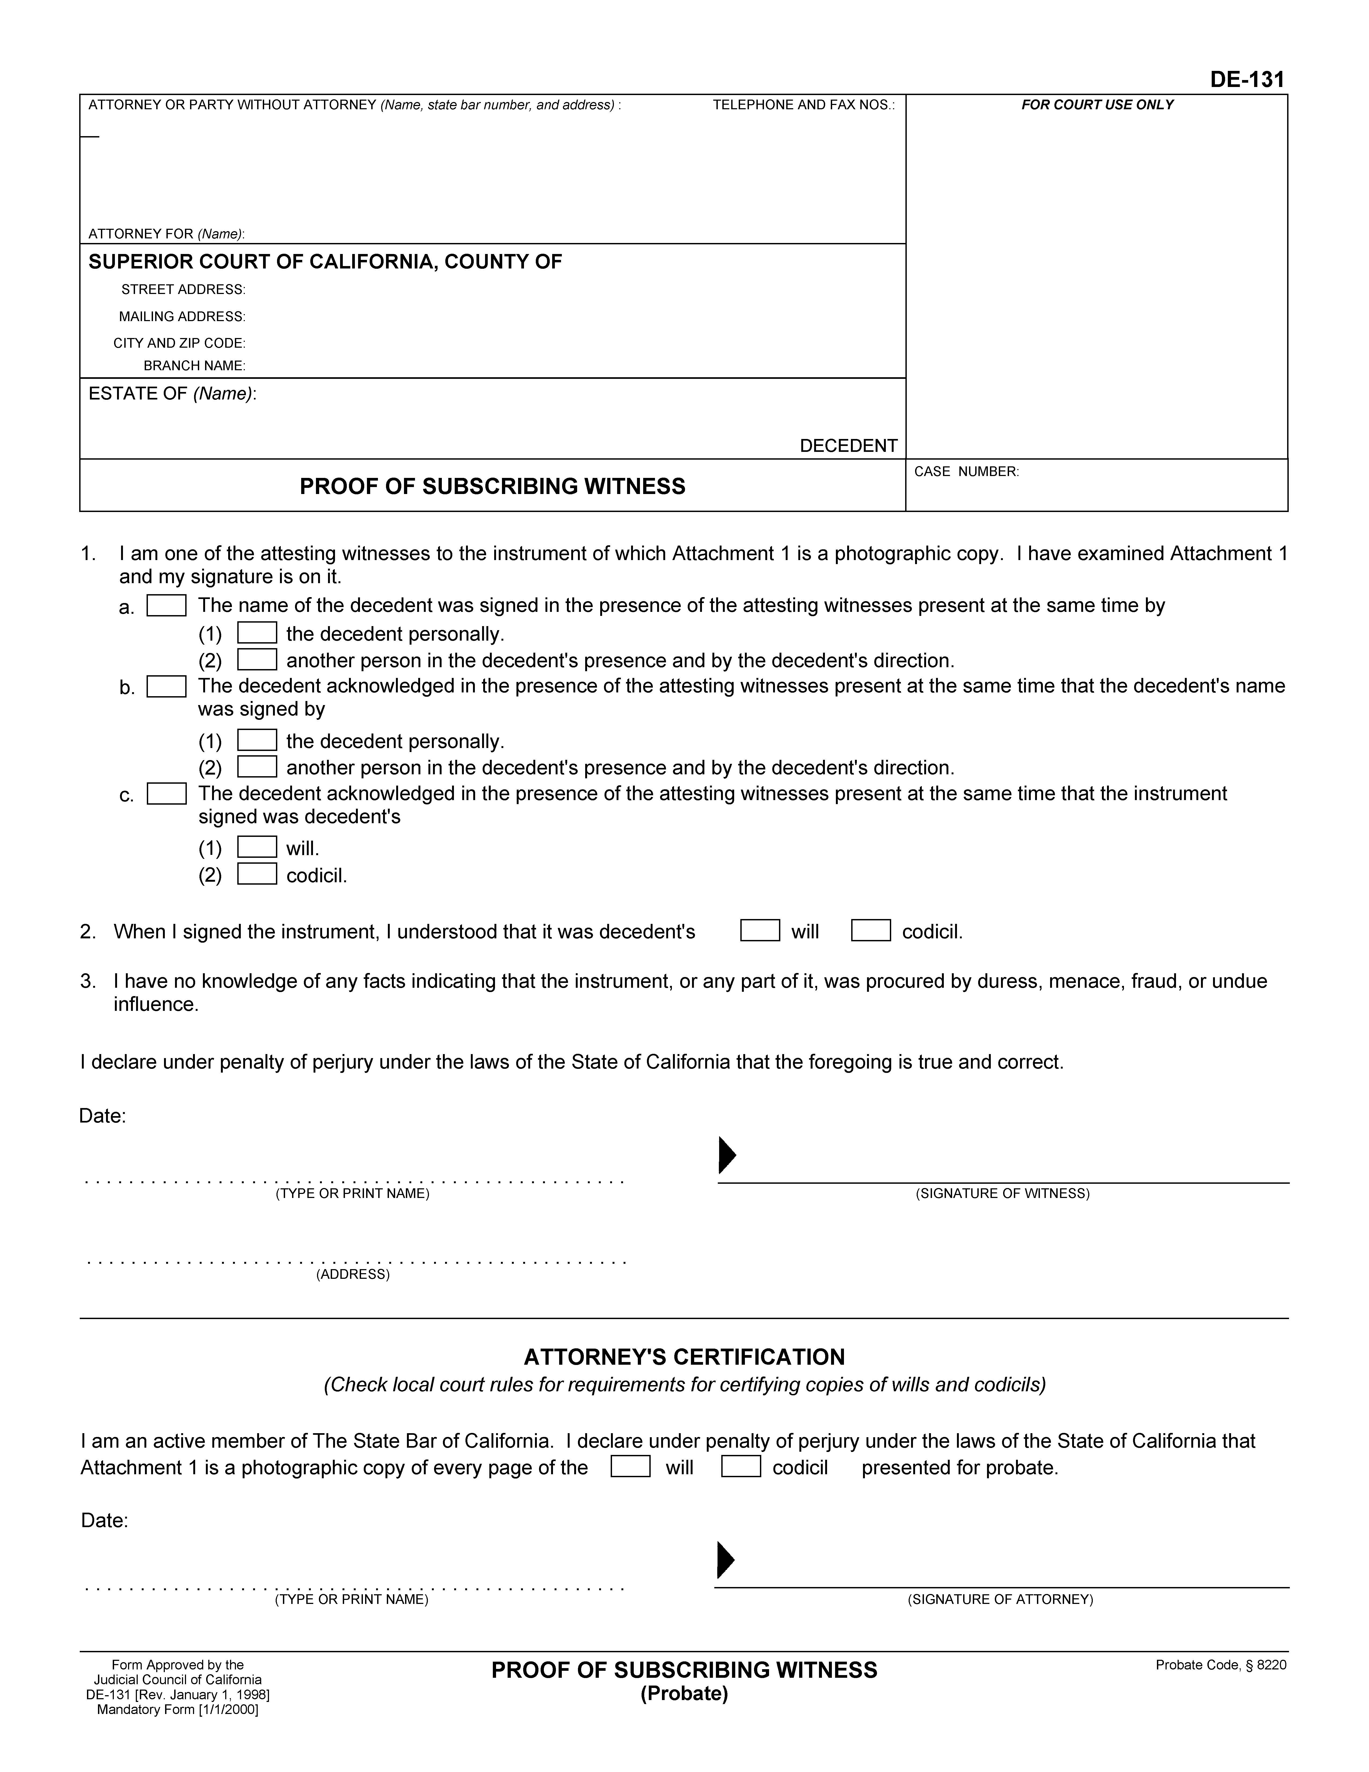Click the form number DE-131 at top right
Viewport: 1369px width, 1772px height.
[x=1247, y=79]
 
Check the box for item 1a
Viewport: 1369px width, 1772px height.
[x=166, y=606]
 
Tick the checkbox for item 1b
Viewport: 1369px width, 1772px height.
[x=166, y=687]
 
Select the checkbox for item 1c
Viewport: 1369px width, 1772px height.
[x=166, y=793]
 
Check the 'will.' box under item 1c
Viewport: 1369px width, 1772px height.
[x=257, y=847]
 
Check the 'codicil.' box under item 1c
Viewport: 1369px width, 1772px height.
[x=257, y=874]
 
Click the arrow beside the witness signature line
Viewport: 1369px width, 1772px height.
[x=727, y=1155]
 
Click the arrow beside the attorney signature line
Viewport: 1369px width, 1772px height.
[x=725, y=1559]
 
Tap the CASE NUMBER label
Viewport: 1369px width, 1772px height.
[x=966, y=471]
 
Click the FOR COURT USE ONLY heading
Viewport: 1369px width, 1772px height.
[x=1097, y=105]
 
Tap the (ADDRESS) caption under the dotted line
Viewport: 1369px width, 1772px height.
[x=353, y=1274]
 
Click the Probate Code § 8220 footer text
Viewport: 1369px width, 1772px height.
[x=1221, y=1665]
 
